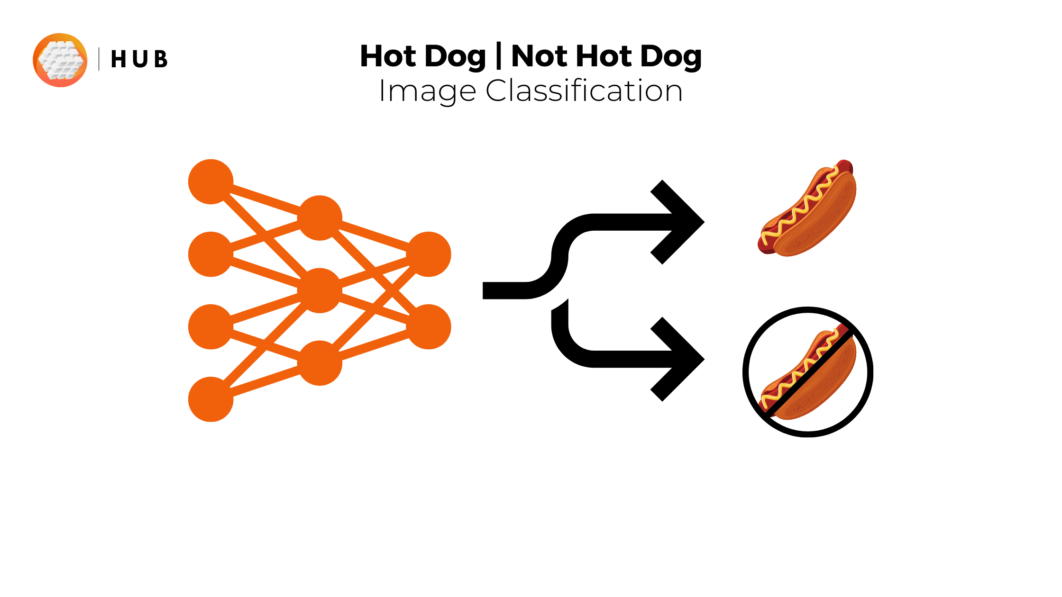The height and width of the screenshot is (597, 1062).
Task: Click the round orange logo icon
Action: pyautogui.click(x=60, y=60)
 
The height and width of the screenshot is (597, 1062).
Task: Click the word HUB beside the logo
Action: pyautogui.click(x=139, y=60)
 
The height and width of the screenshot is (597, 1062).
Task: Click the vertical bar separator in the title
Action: pyautogui.click(x=499, y=56)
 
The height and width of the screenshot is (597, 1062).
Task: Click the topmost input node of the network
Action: pyautogui.click(x=211, y=181)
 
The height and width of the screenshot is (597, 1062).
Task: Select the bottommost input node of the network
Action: pyautogui.click(x=211, y=399)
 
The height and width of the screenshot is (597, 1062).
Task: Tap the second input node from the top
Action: pyautogui.click(x=211, y=254)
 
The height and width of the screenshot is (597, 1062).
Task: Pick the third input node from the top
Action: pyautogui.click(x=211, y=327)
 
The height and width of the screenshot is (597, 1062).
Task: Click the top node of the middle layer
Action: pyautogui.click(x=320, y=218)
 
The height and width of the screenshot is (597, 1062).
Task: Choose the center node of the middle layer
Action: pyautogui.click(x=320, y=290)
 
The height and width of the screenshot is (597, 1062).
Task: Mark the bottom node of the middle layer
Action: pyautogui.click(x=320, y=363)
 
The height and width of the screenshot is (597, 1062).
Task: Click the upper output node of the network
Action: pyautogui.click(x=429, y=254)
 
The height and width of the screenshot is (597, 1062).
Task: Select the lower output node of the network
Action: pyautogui.click(x=429, y=327)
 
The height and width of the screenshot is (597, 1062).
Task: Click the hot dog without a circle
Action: pyautogui.click(x=807, y=208)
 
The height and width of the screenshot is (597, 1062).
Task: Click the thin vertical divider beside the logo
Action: pyautogui.click(x=99, y=59)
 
